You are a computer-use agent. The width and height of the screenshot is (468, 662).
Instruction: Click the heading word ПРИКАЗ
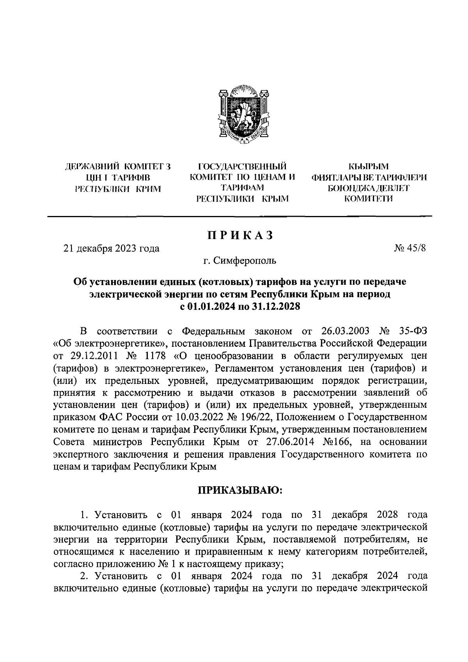(239, 236)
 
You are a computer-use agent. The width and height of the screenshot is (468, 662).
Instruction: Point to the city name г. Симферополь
(239, 260)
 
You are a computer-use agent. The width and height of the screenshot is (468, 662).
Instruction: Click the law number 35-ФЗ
(413, 332)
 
